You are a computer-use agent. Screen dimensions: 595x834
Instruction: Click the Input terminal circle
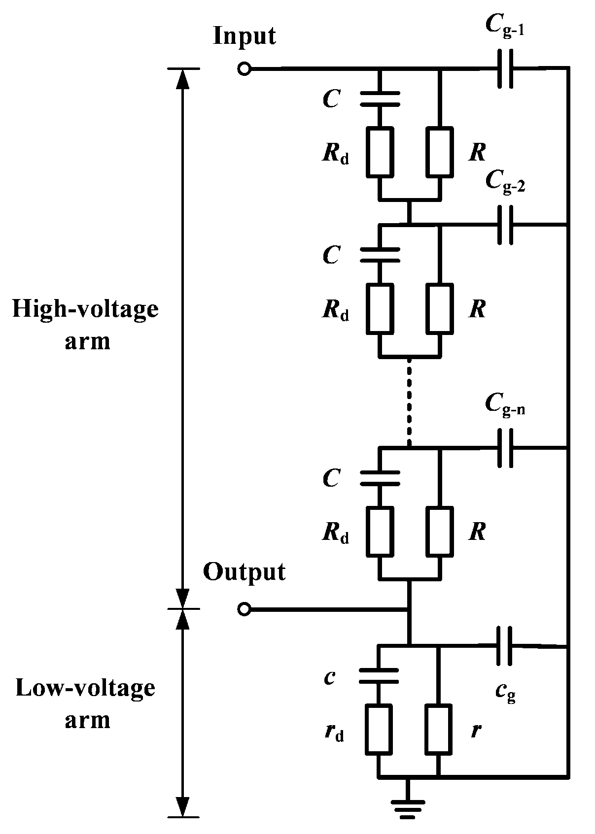(244, 69)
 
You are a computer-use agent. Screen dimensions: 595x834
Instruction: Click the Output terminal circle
(244, 609)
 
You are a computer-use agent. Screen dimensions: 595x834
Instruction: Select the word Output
(244, 572)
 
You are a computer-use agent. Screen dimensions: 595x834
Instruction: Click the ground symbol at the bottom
(408, 808)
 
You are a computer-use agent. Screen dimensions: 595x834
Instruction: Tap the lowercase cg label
(505, 693)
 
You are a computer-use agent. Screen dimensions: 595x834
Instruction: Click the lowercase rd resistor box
(379, 729)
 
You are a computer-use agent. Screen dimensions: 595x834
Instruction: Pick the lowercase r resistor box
(438, 729)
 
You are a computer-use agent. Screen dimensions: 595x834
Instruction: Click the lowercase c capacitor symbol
(379, 676)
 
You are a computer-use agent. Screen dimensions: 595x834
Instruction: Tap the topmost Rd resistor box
(380, 152)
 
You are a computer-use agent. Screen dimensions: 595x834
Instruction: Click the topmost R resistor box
(440, 152)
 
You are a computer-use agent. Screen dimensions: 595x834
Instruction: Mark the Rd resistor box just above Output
(380, 532)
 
